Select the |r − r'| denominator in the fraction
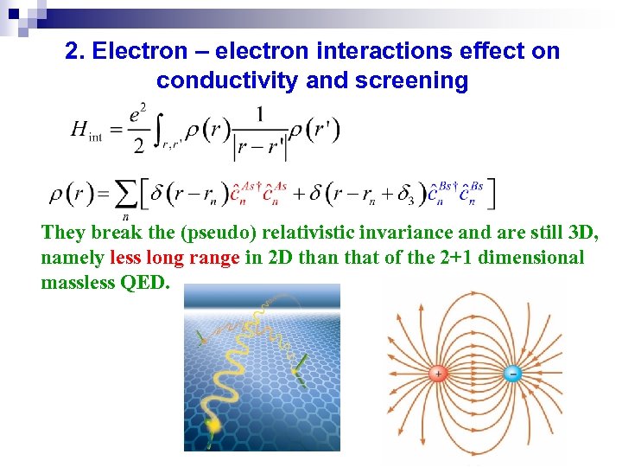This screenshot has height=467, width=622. point(260,148)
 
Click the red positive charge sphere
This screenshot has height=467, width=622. point(438,374)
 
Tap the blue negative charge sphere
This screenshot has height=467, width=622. point(512,374)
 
